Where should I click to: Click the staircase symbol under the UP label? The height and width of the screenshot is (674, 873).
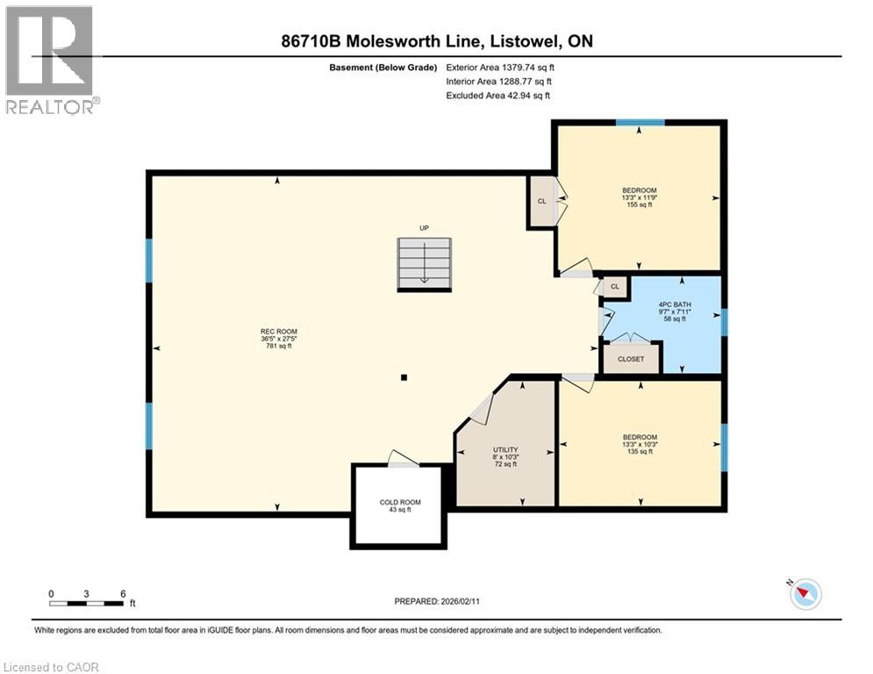[x=424, y=264]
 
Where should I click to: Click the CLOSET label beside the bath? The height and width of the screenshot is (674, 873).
[x=631, y=359]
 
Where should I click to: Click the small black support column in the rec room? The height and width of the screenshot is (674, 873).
[x=404, y=378]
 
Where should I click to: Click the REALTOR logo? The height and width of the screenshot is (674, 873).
[x=50, y=59]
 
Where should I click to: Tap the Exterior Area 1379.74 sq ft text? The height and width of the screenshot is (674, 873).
[x=500, y=67]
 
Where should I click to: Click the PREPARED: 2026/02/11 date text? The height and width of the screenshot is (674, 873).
[x=444, y=601]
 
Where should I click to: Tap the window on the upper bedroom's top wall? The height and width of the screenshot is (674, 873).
[x=639, y=123]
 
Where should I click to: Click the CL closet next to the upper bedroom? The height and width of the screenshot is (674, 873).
[x=541, y=201]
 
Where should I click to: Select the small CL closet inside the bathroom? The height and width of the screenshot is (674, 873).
[x=614, y=286]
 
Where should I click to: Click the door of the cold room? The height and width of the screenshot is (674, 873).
[x=402, y=459]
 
